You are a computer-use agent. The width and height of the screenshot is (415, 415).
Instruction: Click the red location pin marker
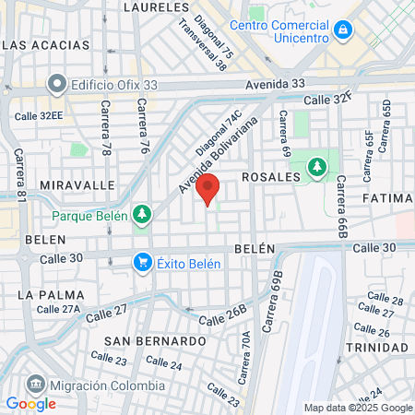[208, 188]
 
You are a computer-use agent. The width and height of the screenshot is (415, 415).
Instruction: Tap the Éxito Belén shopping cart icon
[142, 263]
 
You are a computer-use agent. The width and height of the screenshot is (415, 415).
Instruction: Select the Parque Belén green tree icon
[141, 215]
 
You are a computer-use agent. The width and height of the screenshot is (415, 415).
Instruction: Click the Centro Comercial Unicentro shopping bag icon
[343, 30]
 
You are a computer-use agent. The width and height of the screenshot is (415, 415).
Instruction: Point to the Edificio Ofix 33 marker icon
[57, 84]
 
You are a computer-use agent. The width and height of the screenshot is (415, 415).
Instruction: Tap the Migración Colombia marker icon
[36, 382]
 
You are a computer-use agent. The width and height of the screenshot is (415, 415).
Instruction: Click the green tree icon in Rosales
[317, 166]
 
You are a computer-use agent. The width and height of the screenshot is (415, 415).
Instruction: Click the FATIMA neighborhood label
[387, 198]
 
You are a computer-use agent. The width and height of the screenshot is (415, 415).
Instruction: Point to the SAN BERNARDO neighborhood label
[154, 340]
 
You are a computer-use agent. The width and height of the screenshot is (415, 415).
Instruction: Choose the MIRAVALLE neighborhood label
[51, 184]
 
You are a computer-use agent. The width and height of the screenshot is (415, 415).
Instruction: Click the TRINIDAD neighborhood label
[376, 347]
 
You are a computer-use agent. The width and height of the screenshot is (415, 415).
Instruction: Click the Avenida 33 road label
[275, 84]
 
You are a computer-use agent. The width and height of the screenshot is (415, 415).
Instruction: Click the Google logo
[30, 403]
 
